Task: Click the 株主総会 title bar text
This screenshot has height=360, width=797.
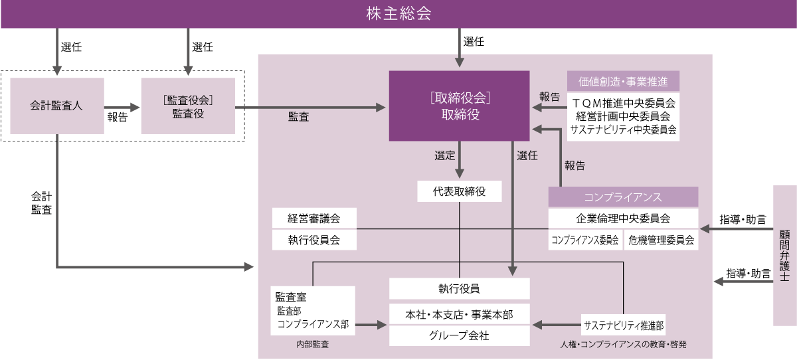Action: click(x=398, y=13)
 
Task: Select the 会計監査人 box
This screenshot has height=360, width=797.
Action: click(x=57, y=106)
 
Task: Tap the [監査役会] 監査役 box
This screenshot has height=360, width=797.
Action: click(x=188, y=106)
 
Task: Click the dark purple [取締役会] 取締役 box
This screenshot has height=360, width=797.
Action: click(x=459, y=106)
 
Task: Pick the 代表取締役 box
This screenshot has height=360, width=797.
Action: click(x=459, y=192)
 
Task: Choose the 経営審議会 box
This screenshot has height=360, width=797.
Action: click(x=314, y=218)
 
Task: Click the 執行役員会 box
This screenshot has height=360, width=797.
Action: click(x=314, y=240)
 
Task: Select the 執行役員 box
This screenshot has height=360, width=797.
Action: click(x=459, y=288)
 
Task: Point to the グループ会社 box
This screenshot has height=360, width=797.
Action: click(x=459, y=335)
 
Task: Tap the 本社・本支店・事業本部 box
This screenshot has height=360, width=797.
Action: click(x=459, y=314)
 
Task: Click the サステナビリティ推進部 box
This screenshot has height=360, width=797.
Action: click(x=623, y=325)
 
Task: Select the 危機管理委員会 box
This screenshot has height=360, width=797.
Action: click(x=661, y=240)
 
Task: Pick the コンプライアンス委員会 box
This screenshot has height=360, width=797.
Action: click(x=585, y=240)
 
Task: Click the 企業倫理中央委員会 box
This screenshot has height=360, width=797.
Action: click(x=623, y=218)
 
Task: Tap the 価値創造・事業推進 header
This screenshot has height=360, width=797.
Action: click(x=623, y=81)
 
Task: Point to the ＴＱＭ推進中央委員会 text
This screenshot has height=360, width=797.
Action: click(x=623, y=103)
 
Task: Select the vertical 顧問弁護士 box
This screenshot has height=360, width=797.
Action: click(x=785, y=256)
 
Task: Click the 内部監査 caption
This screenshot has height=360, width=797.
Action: click(x=312, y=345)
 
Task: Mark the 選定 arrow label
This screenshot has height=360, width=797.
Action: click(x=444, y=156)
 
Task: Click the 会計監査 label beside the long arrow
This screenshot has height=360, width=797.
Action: click(x=41, y=203)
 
